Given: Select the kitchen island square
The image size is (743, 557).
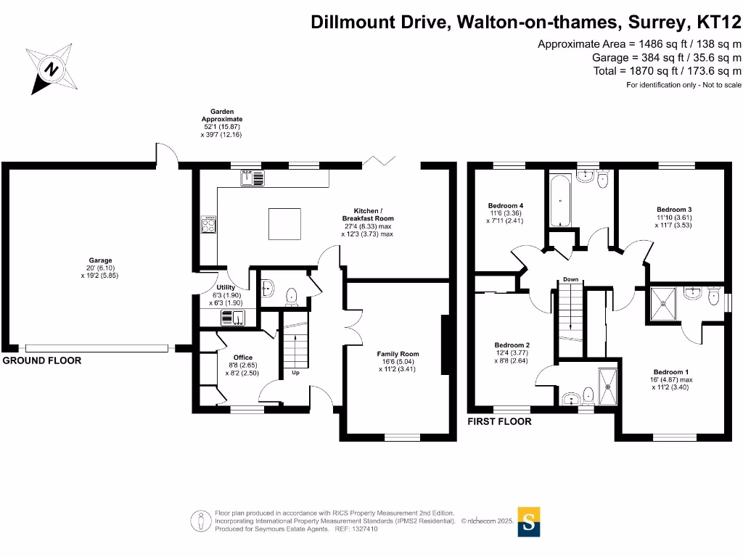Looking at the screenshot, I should tap(284, 223).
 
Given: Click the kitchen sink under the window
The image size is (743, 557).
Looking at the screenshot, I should tap(253, 177).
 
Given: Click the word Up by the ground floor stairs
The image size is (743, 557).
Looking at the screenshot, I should tap(296, 374).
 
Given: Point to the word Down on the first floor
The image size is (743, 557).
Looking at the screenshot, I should tap(570, 280).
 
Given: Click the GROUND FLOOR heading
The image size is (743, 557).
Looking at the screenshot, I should tap(42, 360).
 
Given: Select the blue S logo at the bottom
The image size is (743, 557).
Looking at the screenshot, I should tap(530, 521).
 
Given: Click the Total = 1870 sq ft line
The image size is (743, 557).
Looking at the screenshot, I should tap(667, 71).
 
